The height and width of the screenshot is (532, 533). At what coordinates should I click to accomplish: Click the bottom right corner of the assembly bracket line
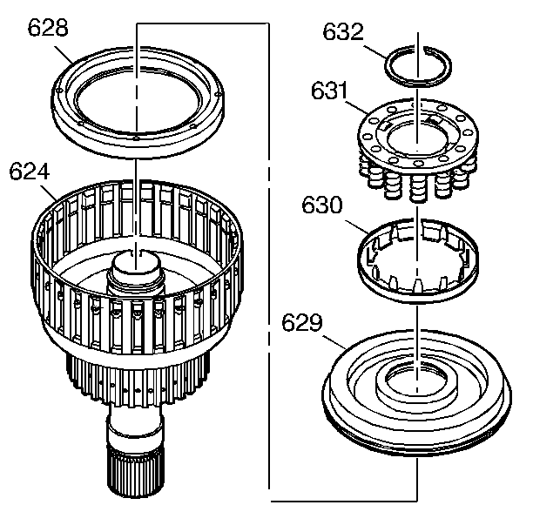(417, 500)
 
